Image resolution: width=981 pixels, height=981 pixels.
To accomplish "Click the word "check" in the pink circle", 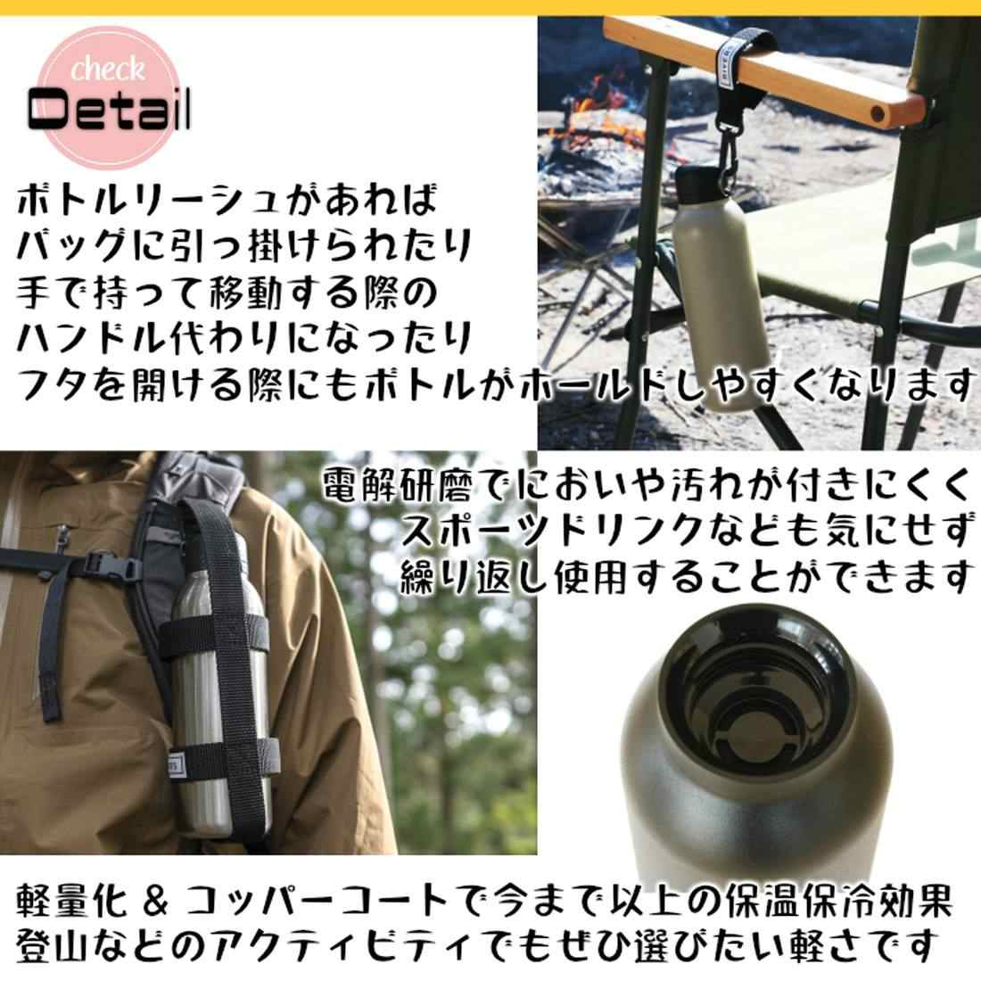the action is pyautogui.click(x=107, y=69).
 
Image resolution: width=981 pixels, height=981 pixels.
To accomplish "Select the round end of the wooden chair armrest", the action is pyautogui.click(x=878, y=114).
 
